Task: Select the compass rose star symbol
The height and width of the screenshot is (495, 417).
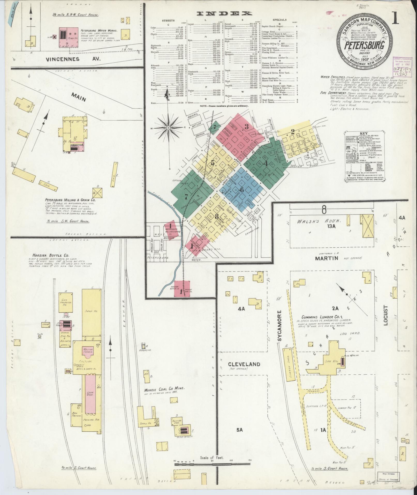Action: pos(168,128)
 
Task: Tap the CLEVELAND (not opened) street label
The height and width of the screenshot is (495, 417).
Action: pos(244,364)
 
